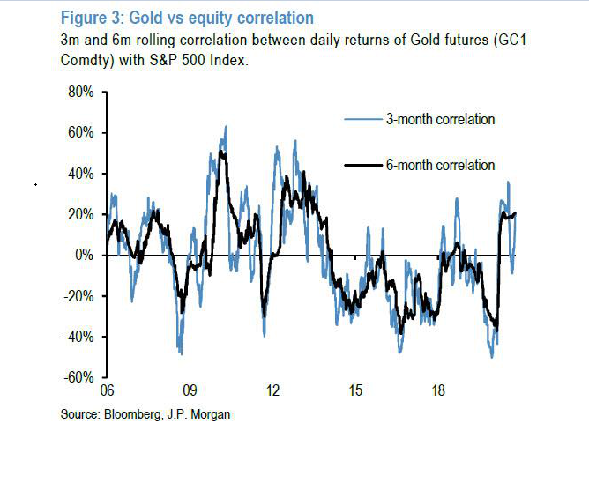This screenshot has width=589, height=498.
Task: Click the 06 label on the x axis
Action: (107, 390)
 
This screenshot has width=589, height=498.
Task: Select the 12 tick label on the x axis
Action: (272, 390)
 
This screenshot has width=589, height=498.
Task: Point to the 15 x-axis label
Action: (355, 390)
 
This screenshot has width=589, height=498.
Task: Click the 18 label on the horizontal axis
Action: (438, 390)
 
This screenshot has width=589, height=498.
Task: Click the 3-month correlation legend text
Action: (440, 119)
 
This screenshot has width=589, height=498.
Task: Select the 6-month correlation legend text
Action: (440, 165)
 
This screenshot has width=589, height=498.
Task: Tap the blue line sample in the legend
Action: (362, 119)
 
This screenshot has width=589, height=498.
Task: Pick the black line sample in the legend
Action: (362, 165)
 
